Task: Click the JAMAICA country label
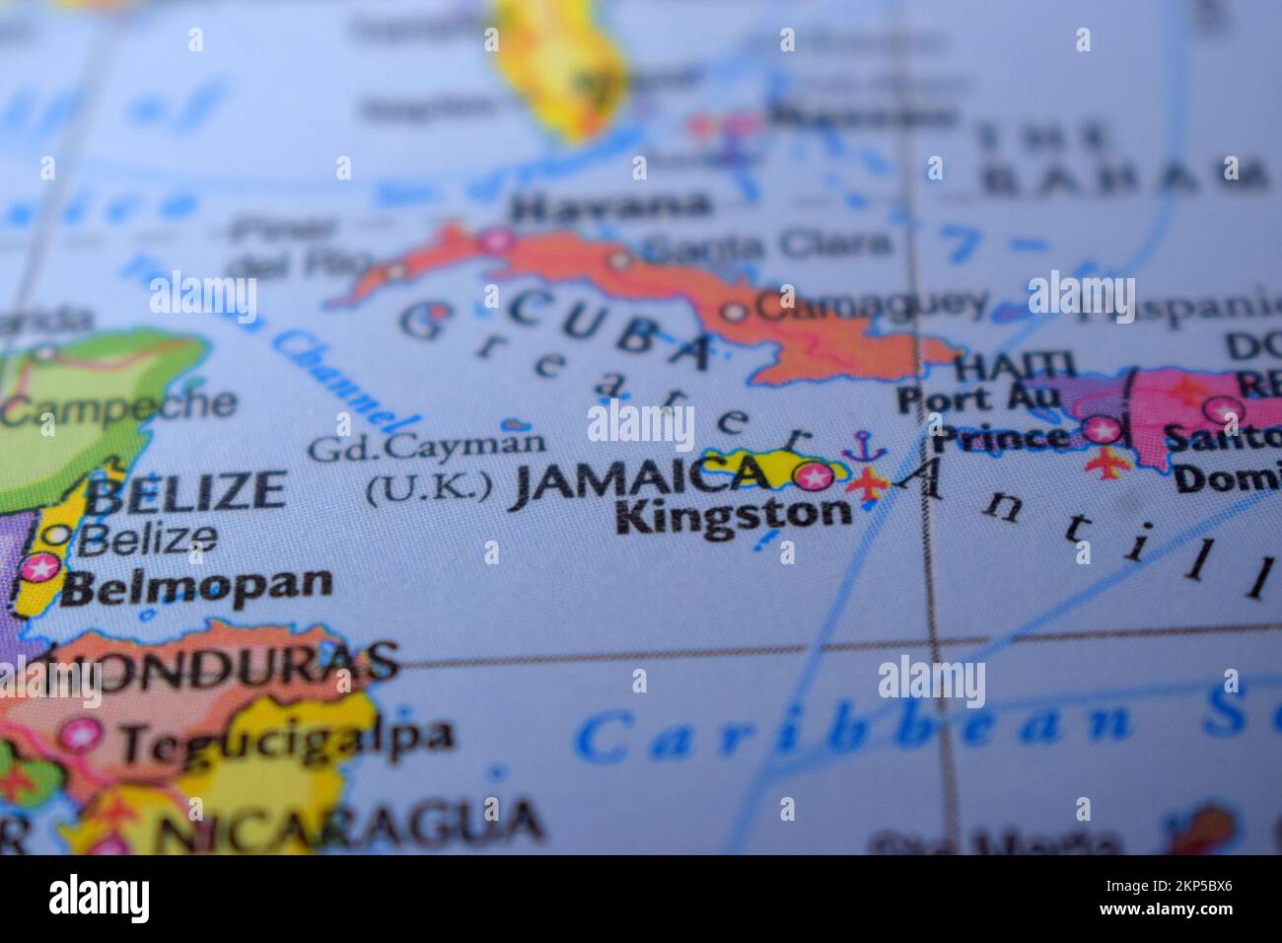pos(639,478)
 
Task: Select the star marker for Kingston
pos(815,477)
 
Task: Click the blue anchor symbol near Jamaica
pos(864,445)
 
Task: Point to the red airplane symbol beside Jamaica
pos(868,484)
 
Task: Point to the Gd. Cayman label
pos(425,446)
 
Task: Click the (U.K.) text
pos(429,487)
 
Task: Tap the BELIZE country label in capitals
pos(186,491)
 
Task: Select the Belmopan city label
pos(197,584)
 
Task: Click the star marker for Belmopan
pos(40,568)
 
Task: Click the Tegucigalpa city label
pos(286,738)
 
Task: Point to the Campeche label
pos(118,405)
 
